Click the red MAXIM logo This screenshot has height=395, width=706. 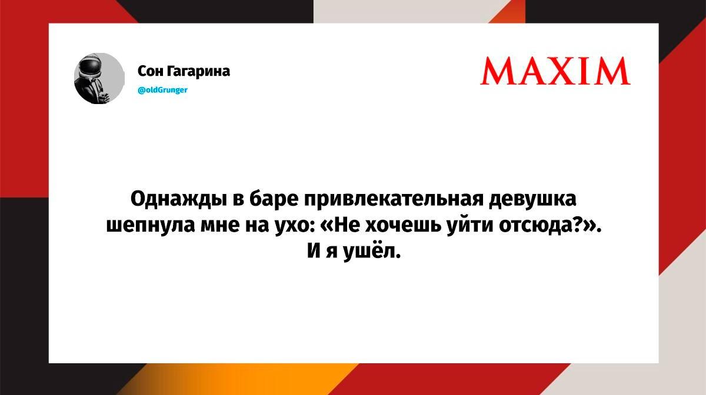point(555,71)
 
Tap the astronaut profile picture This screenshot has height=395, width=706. point(99,78)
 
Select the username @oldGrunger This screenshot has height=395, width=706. point(162,90)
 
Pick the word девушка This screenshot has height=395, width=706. point(532,199)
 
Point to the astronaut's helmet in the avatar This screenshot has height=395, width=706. point(91,66)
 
